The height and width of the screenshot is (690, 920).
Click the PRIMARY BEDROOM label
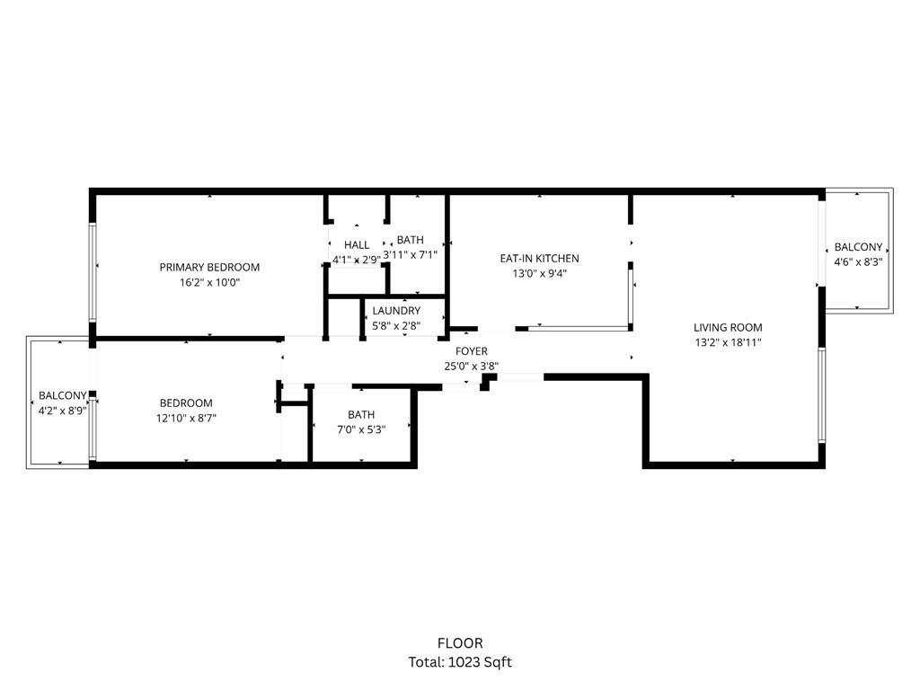click(x=209, y=267)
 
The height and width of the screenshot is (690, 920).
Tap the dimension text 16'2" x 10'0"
click(x=209, y=282)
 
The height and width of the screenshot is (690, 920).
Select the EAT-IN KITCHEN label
click(x=539, y=259)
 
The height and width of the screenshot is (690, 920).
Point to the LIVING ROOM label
click(x=728, y=328)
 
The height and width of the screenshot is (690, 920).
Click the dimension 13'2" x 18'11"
click(x=728, y=342)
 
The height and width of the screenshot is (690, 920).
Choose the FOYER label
click(x=472, y=351)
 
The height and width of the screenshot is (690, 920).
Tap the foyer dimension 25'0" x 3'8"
click(x=472, y=367)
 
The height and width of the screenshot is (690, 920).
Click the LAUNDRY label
click(x=396, y=311)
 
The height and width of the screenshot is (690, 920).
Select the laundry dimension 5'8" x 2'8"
click(x=396, y=325)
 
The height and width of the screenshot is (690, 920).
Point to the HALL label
click(x=357, y=245)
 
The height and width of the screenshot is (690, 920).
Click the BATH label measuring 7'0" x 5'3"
click(x=361, y=415)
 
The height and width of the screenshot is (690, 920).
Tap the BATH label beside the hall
click(x=411, y=240)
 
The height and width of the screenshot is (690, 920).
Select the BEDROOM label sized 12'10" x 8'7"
click(x=186, y=403)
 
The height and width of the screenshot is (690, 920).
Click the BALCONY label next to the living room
click(x=858, y=247)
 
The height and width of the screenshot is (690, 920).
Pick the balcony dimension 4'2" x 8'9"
click(x=62, y=410)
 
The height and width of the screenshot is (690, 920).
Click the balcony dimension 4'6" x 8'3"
click(x=858, y=262)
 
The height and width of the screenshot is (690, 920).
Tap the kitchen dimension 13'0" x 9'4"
click(x=539, y=274)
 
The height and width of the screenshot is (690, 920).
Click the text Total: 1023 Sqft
click(x=460, y=662)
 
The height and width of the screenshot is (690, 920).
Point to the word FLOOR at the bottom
click(x=460, y=643)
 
